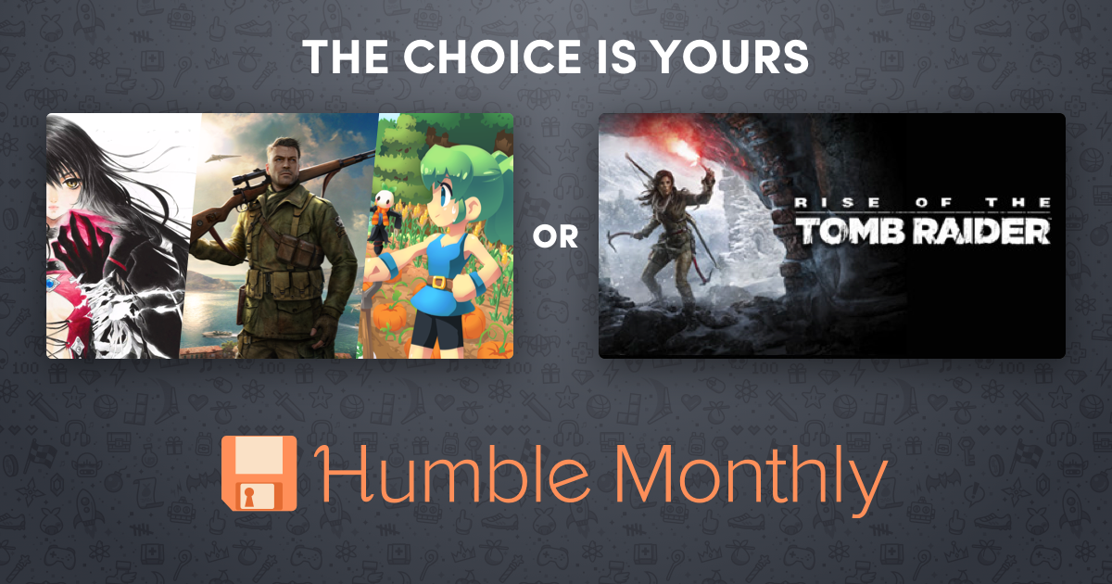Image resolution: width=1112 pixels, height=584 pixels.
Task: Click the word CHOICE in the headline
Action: coord(492,57)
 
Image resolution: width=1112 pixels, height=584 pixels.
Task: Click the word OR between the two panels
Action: coord(555,236)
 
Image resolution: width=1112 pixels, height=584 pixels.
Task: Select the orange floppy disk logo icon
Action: coord(259,474)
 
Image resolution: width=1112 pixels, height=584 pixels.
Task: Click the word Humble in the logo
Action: coord(451,474)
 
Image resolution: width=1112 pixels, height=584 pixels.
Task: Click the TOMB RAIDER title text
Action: coord(923,231)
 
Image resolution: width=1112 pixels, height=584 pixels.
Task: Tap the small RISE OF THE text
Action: coord(923,202)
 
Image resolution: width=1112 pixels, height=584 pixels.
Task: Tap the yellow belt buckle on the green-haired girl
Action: coord(438,282)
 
